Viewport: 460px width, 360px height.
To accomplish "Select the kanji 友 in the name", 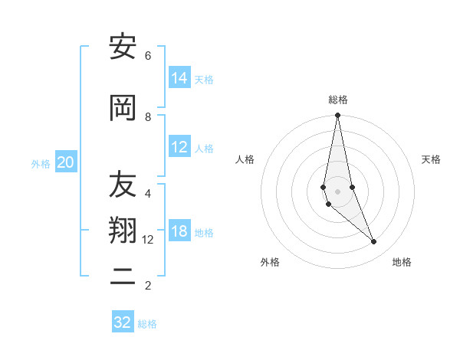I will (x=123, y=185).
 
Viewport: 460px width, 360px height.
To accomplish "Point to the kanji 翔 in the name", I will (x=123, y=231).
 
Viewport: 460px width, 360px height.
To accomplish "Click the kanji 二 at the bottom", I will (x=123, y=277).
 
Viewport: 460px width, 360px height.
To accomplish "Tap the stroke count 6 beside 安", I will (x=147, y=56).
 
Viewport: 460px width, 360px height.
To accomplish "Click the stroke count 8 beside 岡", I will (x=147, y=116).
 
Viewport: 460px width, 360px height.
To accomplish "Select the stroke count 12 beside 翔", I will (x=149, y=240).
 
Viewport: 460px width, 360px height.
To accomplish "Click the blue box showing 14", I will (x=179, y=78).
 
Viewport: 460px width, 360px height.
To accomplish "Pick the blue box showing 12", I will (x=179, y=147).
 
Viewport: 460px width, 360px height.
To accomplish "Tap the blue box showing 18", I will (x=179, y=231).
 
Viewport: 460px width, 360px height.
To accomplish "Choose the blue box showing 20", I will (x=65, y=162).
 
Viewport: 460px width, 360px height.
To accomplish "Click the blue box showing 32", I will (x=123, y=322).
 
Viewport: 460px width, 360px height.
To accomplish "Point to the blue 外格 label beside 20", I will (x=41, y=163).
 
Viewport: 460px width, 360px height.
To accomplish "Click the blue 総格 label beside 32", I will (x=147, y=324).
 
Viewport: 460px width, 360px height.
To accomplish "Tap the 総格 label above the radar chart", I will (x=337, y=100).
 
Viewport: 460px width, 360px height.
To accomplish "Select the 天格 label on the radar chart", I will (x=431, y=159).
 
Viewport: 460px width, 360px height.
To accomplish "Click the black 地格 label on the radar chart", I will (x=402, y=262).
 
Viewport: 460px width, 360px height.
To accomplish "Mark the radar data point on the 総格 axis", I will (x=337, y=116).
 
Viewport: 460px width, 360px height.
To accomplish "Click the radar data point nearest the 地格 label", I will (x=374, y=242).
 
